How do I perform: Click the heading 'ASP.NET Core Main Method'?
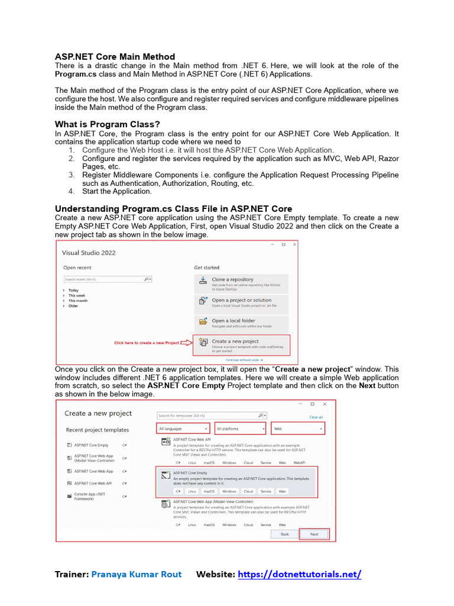115,57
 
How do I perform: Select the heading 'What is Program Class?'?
107,124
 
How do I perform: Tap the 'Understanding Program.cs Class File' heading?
173,209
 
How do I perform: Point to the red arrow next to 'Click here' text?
186,343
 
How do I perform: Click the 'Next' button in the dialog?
314,534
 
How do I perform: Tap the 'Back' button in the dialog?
284,534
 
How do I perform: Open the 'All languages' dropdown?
183,428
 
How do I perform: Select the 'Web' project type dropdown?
298,428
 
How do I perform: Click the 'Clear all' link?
316,417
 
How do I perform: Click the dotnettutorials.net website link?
299,574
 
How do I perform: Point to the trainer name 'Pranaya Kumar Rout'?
136,574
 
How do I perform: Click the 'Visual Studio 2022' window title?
89,253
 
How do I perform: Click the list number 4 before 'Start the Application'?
71,191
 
